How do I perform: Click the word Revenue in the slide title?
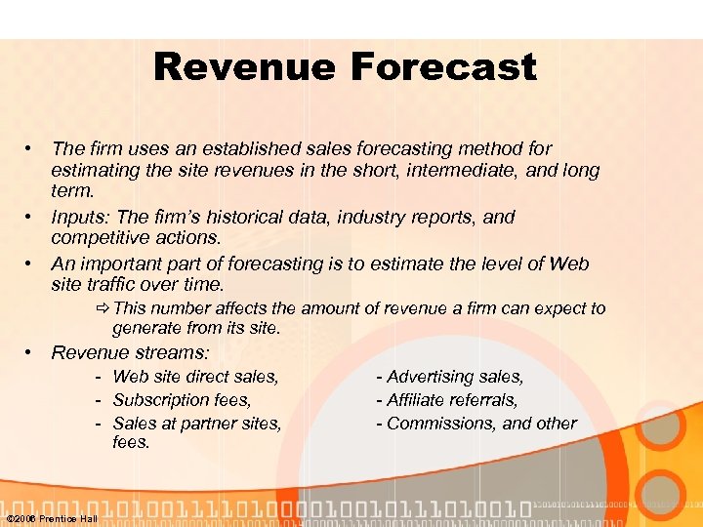[248, 67]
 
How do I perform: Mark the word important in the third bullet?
[120, 264]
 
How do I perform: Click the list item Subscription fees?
[182, 400]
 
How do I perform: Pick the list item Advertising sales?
[455, 377]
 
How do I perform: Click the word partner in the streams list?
[213, 424]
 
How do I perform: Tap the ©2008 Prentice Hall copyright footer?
[52, 518]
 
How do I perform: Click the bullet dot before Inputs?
[31, 217]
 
